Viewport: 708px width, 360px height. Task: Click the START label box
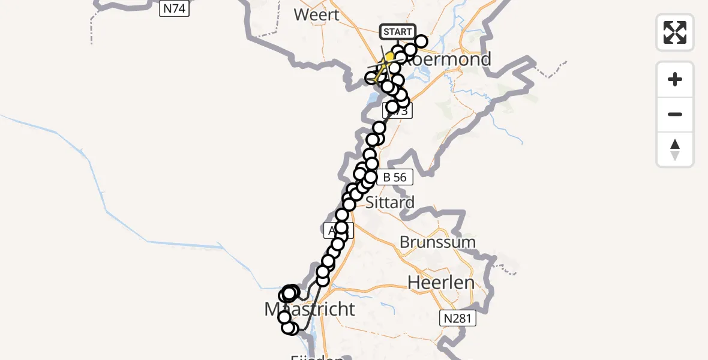click(397, 32)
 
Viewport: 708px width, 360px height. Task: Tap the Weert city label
click(317, 14)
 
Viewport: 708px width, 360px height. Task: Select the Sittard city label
click(389, 202)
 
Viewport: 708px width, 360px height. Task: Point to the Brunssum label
click(437, 242)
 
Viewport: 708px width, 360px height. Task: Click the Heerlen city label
click(441, 282)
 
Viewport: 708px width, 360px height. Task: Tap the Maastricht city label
click(310, 309)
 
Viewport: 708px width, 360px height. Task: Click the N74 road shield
click(174, 8)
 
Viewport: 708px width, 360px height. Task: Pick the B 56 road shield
click(394, 177)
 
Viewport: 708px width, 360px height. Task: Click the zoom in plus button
click(675, 80)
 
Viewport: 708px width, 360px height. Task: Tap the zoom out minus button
click(675, 115)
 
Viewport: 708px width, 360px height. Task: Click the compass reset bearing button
click(675, 149)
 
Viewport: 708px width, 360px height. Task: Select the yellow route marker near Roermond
click(389, 58)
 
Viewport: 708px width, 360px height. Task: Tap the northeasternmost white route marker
click(421, 41)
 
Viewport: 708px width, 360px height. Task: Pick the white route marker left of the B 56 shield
click(370, 177)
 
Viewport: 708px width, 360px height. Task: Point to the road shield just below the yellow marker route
click(397, 111)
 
